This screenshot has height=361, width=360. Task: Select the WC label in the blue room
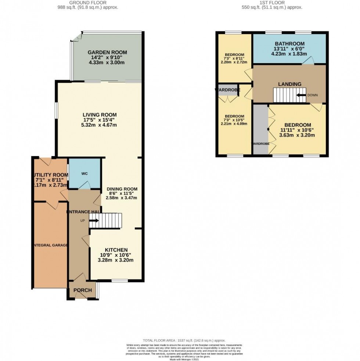tap(84, 173)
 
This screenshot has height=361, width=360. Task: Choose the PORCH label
tap(82, 290)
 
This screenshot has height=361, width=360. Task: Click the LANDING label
tap(289, 84)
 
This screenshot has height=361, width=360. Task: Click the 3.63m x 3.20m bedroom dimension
tap(297, 135)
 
